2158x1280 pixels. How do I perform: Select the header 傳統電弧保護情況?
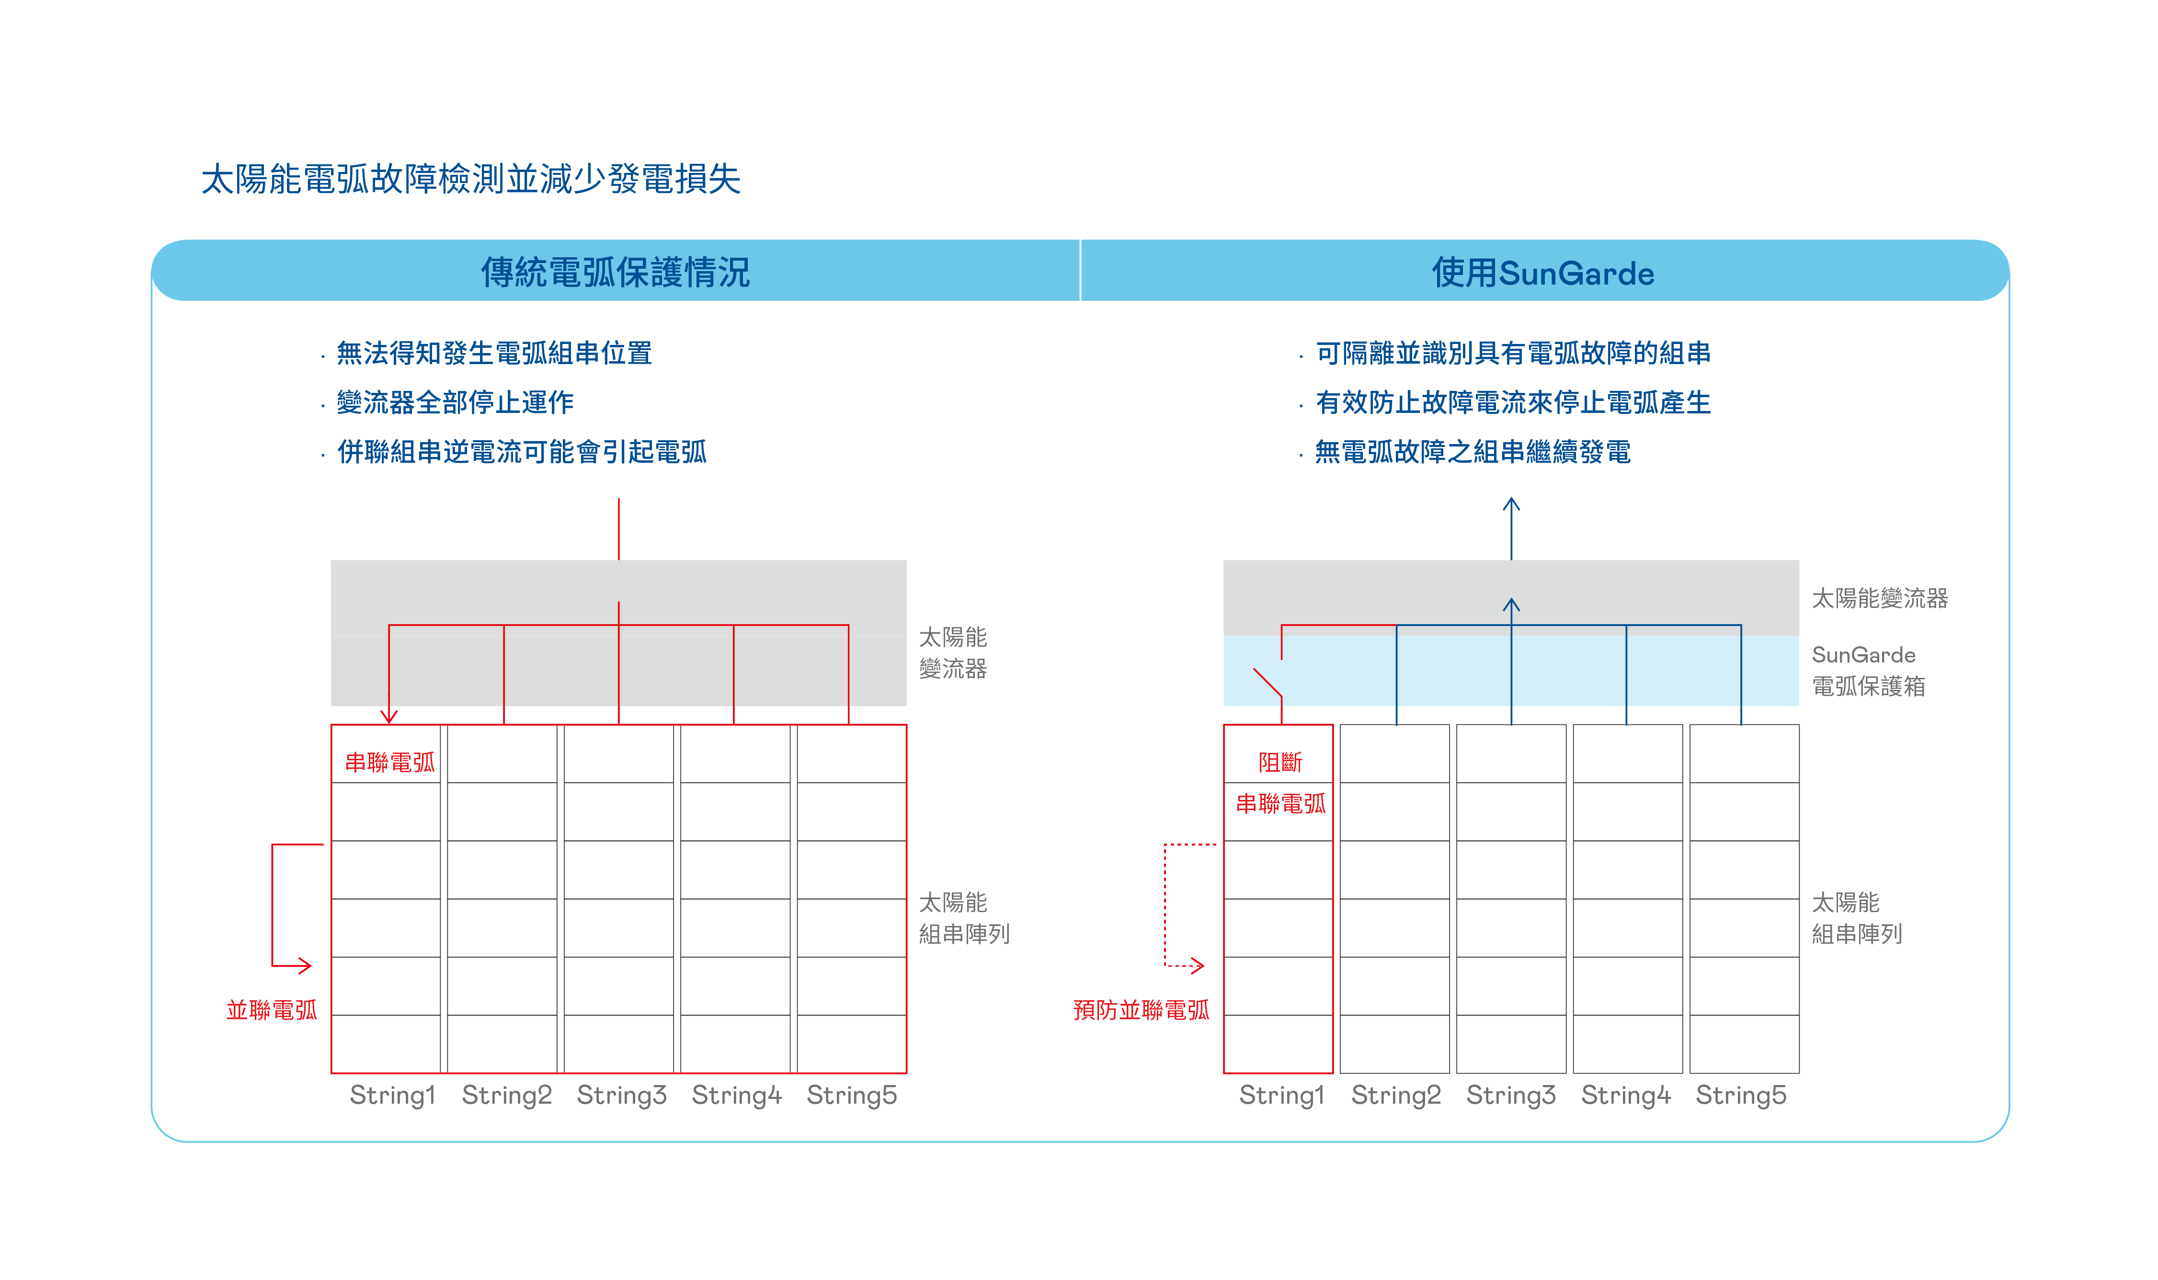pos(615,273)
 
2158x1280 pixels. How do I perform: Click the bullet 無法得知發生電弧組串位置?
pos(493,353)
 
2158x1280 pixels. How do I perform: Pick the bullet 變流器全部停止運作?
pos(455,402)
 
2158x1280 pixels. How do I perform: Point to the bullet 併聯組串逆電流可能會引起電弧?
pos(521,451)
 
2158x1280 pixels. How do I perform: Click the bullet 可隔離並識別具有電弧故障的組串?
pos(1513,353)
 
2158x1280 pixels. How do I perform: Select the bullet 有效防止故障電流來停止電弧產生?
pos(1513,402)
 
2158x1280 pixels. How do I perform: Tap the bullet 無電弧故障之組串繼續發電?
pos(1473,451)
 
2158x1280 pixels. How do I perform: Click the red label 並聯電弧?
pos(272,1009)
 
